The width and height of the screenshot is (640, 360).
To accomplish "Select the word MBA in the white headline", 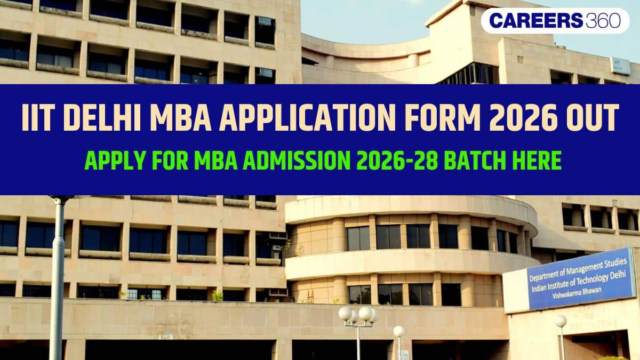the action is pyautogui.click(x=181, y=118).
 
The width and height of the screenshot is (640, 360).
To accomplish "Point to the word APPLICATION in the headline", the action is pyautogui.click(x=308, y=118).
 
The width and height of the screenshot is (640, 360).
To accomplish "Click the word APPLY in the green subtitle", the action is pyautogui.click(x=115, y=161).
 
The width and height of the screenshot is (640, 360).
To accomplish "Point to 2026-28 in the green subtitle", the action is pyautogui.click(x=397, y=161).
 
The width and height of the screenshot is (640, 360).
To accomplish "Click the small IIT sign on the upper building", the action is pyautogui.click(x=620, y=66).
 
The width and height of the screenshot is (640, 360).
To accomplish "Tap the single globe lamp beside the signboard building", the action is pyautogui.click(x=561, y=321).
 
